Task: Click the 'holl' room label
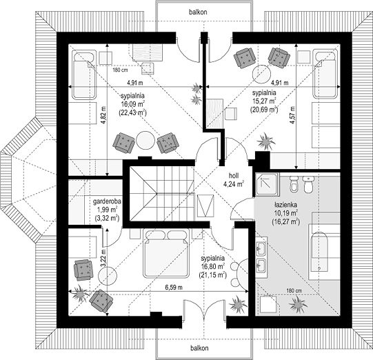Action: [x=234, y=176]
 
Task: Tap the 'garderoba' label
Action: [x=107, y=201]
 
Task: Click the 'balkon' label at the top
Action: [x=198, y=12]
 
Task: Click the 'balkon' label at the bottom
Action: [x=199, y=348]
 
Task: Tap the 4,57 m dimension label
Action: [x=292, y=114]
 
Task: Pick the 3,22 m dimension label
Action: [x=103, y=256]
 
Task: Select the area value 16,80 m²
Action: [x=212, y=266]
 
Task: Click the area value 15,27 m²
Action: [x=264, y=101]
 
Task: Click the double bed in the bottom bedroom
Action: [x=166, y=253]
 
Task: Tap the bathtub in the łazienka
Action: [x=320, y=252]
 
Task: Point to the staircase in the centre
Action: [x=161, y=193]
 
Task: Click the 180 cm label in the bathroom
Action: [x=294, y=290]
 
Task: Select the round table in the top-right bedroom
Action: [x=261, y=74]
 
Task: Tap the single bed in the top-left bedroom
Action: [x=84, y=74]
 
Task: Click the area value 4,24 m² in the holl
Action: [x=234, y=184]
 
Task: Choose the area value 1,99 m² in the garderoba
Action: [x=107, y=210]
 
